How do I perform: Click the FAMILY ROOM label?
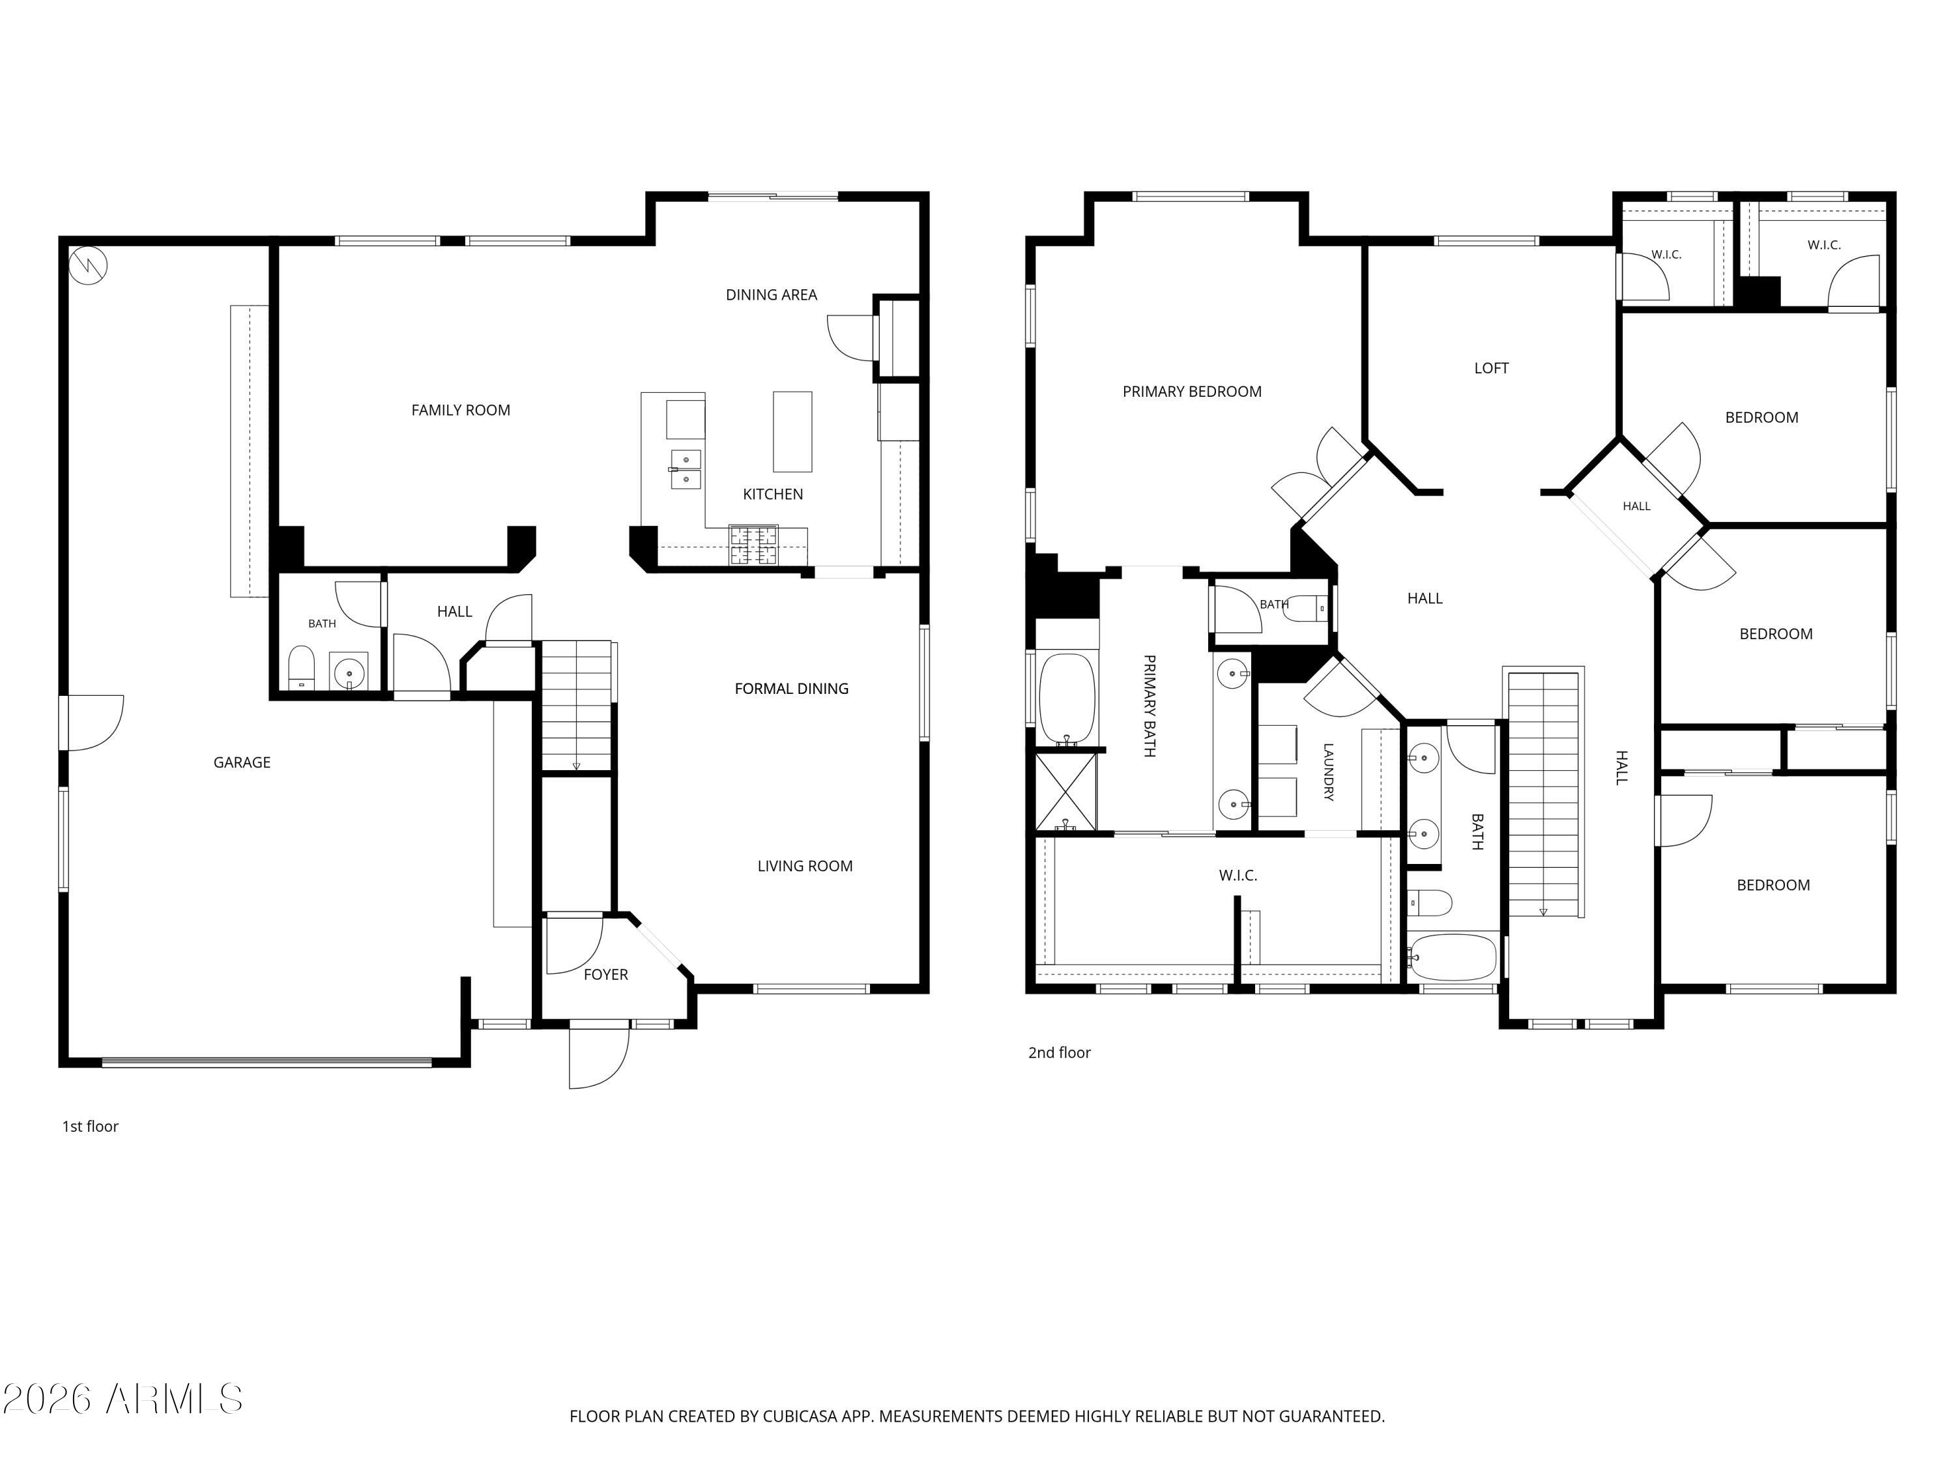point(461,410)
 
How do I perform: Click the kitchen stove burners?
point(753,545)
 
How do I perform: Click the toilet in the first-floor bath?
point(301,668)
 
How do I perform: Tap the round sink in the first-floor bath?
point(349,672)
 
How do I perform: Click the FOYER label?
point(605,975)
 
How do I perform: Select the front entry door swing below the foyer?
point(598,1057)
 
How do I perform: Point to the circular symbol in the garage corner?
point(89,265)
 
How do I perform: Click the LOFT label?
point(1491,369)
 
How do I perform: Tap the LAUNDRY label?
point(1327,771)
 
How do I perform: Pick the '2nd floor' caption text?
point(1059,1052)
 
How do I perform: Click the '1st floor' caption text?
point(90,1127)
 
